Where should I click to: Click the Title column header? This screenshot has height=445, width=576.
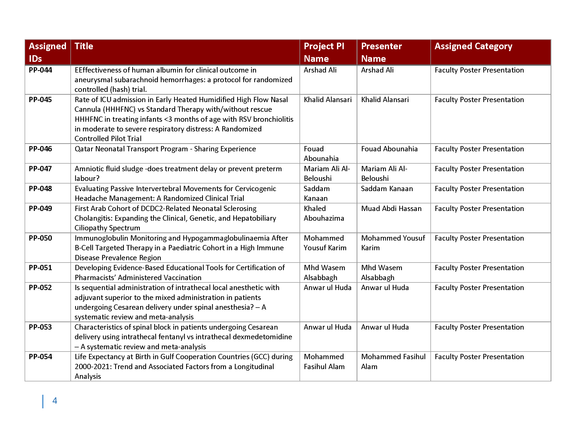point(84,46)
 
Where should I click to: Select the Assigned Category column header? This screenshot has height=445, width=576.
point(473,46)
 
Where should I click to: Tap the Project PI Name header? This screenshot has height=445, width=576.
point(324,52)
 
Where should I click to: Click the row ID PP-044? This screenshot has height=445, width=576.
point(40,70)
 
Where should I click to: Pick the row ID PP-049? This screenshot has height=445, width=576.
point(40,209)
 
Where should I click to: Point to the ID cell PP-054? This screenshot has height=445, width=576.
point(40,357)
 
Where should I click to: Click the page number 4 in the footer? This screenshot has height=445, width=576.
point(55,401)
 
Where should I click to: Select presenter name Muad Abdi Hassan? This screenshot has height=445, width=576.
point(391,209)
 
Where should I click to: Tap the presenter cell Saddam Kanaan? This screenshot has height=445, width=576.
point(387,189)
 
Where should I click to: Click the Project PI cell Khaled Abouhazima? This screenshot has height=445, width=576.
point(324,213)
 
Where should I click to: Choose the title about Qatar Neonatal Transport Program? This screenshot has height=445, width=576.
point(165,149)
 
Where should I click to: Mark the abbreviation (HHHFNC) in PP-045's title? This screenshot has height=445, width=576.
point(119,109)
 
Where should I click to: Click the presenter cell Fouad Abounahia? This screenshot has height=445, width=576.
point(389,149)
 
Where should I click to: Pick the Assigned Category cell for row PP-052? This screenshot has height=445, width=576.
point(479,288)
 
